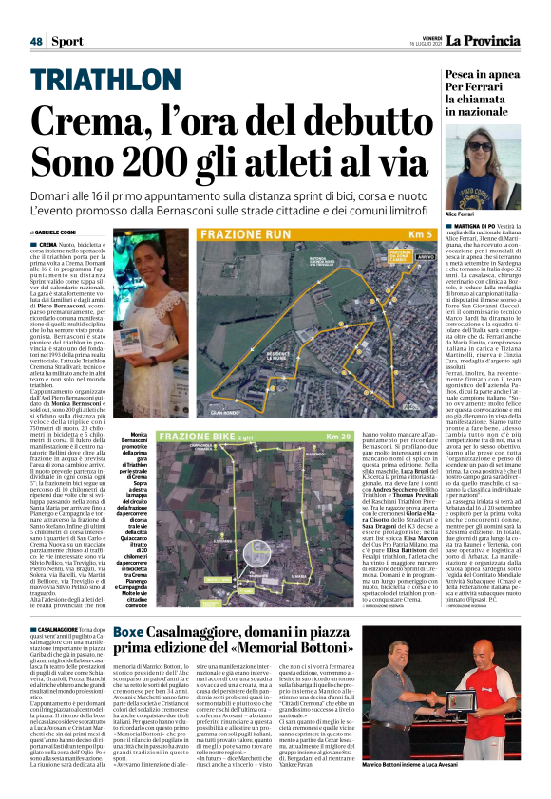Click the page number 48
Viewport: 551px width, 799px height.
pos(36,41)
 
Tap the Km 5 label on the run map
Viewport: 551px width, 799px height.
pos(421,233)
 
